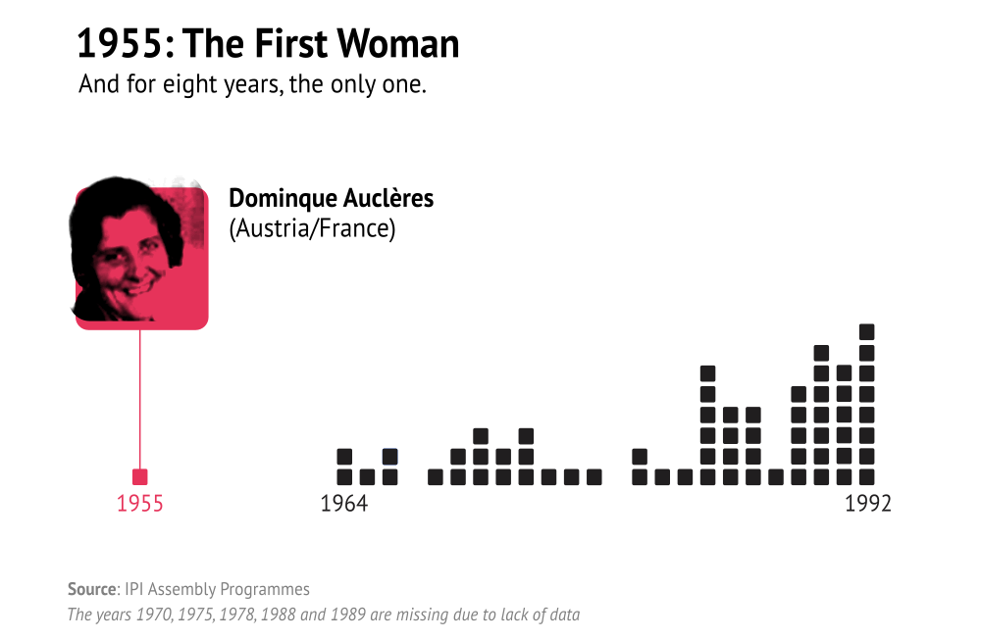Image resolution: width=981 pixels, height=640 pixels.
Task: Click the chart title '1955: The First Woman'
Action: pyautogui.click(x=268, y=44)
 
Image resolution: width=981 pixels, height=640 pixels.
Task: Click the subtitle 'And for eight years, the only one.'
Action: pyautogui.click(x=252, y=84)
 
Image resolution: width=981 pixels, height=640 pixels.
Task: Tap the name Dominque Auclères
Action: pyautogui.click(x=331, y=198)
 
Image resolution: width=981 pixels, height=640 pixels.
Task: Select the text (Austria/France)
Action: pyautogui.click(x=311, y=229)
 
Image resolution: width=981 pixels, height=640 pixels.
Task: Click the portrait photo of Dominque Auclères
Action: pyautogui.click(x=141, y=254)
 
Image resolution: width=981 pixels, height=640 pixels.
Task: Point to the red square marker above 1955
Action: pyautogui.click(x=140, y=477)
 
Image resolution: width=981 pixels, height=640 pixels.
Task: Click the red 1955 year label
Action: pyautogui.click(x=140, y=504)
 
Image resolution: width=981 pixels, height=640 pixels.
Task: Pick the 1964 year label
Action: pyautogui.click(x=343, y=504)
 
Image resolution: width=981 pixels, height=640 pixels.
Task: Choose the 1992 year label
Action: pyautogui.click(x=867, y=504)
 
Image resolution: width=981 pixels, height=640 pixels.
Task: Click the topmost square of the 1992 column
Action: pyautogui.click(x=867, y=331)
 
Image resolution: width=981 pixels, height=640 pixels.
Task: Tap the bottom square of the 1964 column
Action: pyautogui.click(x=344, y=477)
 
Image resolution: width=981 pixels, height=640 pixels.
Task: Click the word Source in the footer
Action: pyautogui.click(x=91, y=589)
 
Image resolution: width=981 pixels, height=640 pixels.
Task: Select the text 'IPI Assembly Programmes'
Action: pyautogui.click(x=217, y=589)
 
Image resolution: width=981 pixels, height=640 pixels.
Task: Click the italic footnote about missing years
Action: pyautogui.click(x=323, y=615)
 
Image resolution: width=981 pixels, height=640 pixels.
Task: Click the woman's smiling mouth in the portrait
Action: pyautogui.click(x=137, y=289)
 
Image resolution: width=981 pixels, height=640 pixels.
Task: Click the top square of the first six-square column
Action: pyautogui.click(x=708, y=373)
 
